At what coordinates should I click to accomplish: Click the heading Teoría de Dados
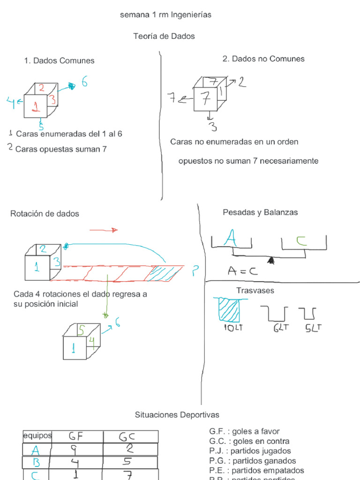coord(164,36)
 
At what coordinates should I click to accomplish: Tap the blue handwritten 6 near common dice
coord(84,82)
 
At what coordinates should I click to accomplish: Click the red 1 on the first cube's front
coord(35,106)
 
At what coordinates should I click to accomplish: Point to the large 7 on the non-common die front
coord(205,99)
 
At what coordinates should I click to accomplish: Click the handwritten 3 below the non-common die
coord(212,127)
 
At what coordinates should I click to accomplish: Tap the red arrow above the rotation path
coord(103,230)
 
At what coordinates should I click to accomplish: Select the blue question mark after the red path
coord(195,271)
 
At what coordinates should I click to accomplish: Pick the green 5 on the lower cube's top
coord(81,330)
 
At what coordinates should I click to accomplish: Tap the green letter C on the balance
coord(301,241)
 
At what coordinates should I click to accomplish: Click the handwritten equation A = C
coord(243,271)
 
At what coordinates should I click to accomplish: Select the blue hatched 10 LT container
coord(228,309)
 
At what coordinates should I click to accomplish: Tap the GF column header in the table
coord(76,436)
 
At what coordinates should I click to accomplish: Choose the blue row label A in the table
coord(36,450)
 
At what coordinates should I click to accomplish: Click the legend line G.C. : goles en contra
coord(249,441)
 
